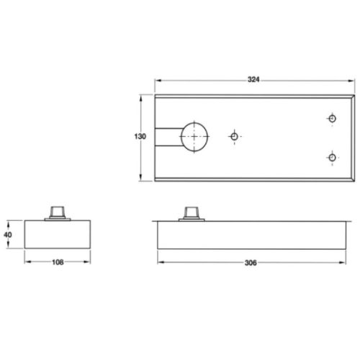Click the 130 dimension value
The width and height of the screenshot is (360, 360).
pos(140,135)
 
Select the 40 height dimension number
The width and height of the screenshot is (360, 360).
pos(9,234)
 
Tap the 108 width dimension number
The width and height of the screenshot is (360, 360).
pos(58,261)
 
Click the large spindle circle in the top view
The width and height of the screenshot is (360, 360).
pos(195,137)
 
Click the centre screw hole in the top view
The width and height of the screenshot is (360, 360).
pos(234,135)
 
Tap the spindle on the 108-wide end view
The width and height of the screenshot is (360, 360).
pos(58,212)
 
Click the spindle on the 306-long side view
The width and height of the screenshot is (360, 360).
pos(192,212)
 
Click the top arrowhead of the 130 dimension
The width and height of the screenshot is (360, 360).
pos(140,96)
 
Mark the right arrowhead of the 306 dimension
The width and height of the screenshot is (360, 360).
pos(351,261)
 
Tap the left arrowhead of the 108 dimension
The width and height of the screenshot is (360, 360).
pos(27,261)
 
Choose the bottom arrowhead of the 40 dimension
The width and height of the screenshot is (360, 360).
pos(9,246)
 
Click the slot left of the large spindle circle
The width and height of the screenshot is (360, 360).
pos(170,137)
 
